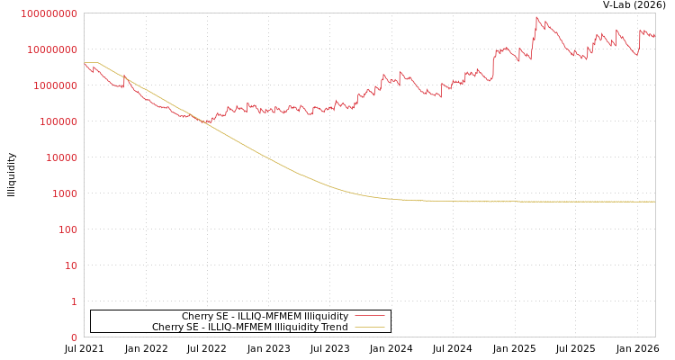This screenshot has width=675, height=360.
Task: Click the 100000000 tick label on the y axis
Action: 50,13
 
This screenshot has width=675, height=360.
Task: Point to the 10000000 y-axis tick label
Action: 53,49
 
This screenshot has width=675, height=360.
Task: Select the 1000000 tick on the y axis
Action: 56,85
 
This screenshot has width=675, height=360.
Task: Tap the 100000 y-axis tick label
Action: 58,121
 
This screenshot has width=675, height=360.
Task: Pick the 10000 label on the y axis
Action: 62,157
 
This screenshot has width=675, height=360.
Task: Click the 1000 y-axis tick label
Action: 65,193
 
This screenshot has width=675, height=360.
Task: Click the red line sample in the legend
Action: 369,316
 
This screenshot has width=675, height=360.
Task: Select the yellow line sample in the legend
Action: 369,327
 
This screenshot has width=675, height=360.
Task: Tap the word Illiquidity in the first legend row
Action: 325,316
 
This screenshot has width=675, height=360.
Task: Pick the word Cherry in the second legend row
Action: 166,327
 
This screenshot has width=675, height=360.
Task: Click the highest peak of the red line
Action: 537,17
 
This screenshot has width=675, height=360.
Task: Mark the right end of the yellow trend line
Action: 654,202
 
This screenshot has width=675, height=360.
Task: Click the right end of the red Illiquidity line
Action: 654,35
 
